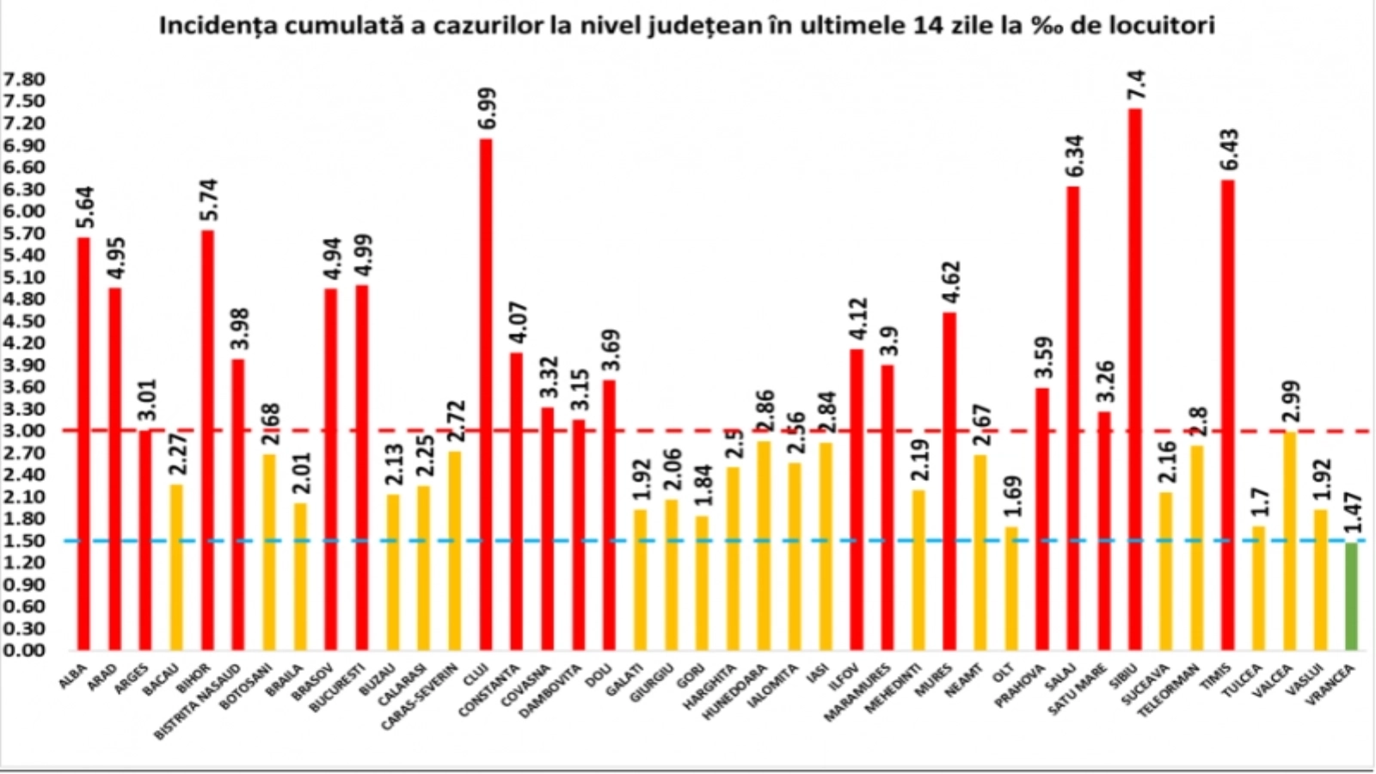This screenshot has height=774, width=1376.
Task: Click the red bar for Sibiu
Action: point(1135,378)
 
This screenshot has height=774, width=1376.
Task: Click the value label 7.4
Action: point(1136,86)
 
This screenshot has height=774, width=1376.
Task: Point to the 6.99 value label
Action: point(486,109)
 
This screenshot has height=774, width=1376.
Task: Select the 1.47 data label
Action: point(1351,514)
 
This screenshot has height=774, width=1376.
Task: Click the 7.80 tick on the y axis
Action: point(24,79)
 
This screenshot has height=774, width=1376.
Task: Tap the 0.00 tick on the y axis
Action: point(24,650)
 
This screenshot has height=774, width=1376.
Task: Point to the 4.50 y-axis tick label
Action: point(24,321)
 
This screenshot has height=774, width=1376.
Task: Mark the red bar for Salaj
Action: point(1073,417)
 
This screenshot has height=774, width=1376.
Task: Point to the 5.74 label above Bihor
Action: point(208,200)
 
